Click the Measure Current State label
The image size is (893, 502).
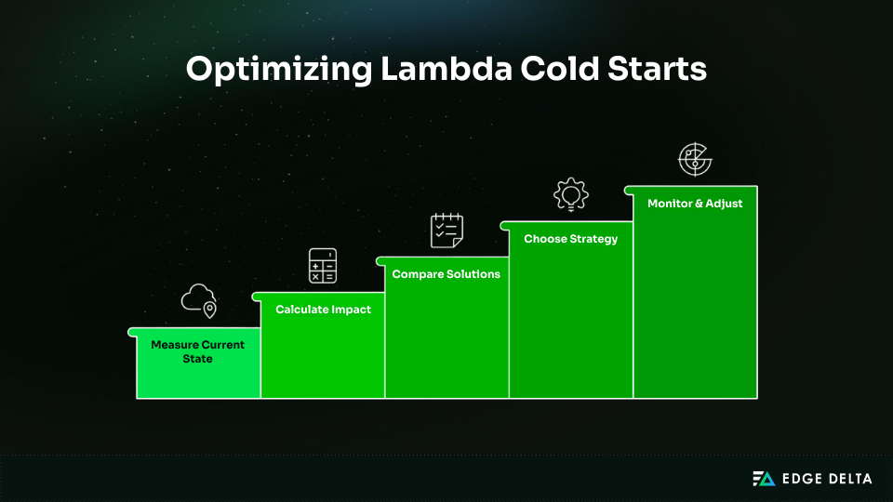point(198,351)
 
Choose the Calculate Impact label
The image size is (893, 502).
point(323,310)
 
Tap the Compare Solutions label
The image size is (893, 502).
point(446,274)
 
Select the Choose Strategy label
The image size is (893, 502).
point(570,239)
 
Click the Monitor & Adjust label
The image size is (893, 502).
point(695,204)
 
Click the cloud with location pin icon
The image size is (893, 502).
point(198,300)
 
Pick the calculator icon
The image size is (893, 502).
point(323,266)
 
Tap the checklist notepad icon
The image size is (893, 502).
point(446,231)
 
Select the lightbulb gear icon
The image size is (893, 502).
point(570,194)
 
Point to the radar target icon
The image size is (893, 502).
point(695,160)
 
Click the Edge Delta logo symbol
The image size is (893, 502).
point(764,479)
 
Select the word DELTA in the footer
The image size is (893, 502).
point(850,479)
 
